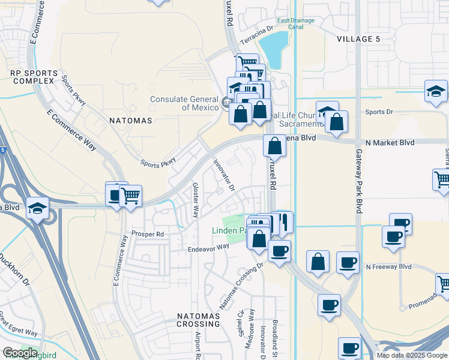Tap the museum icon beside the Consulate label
coord(226,101)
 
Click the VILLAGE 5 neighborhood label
coord(358,39)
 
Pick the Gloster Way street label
coord(195,200)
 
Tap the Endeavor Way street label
coord(208,247)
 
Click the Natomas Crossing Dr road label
coord(241,285)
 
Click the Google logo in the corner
coord(20,353)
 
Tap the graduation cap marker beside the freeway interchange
coord(37,209)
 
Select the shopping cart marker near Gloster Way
coord(130,196)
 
